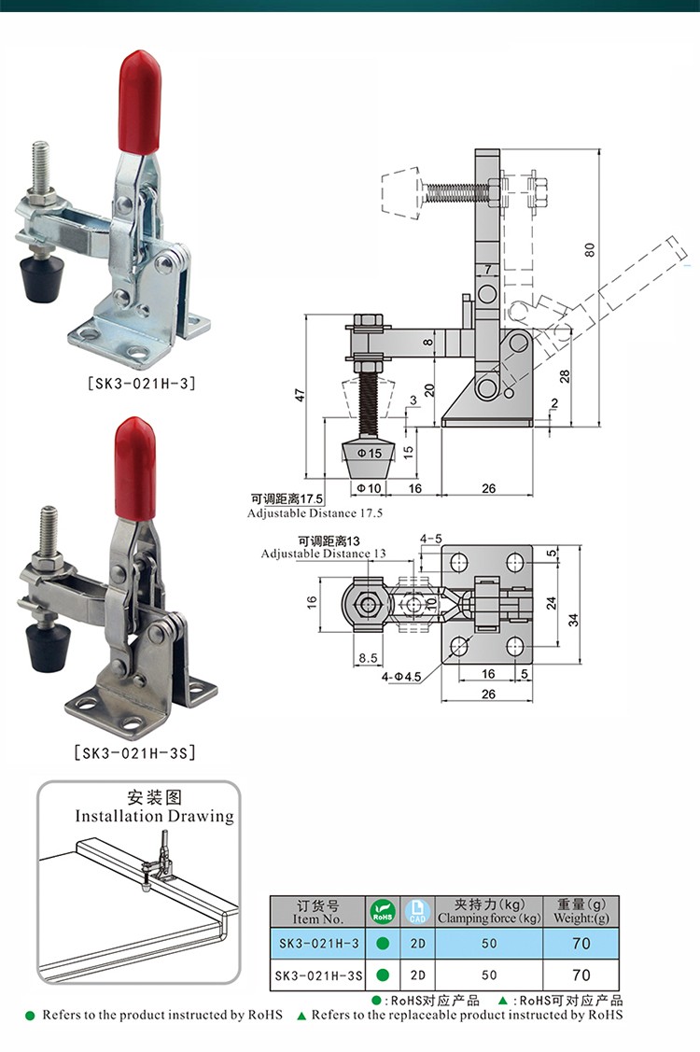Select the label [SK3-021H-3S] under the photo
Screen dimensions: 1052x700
point(134,751)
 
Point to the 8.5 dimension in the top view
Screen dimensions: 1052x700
point(367,659)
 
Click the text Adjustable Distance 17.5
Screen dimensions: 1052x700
point(315,513)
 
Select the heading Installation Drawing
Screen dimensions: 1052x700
point(154,816)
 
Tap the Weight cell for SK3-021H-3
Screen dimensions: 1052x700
point(581,943)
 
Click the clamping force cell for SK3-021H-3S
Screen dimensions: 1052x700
point(490,975)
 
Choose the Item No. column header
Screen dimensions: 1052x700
point(318,912)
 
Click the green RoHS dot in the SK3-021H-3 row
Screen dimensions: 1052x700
point(382,944)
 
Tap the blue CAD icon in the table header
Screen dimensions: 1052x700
point(417,911)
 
